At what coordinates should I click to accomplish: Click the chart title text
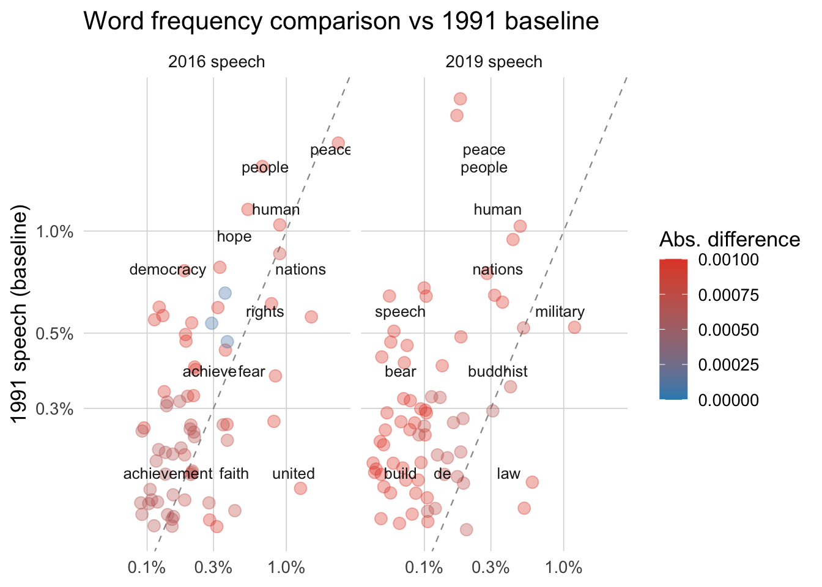[341, 21]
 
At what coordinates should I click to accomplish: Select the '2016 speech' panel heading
[217, 62]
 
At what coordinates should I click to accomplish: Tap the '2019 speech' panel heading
[494, 62]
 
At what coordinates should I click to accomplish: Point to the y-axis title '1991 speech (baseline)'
[21, 316]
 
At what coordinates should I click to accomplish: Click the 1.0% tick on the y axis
[55, 232]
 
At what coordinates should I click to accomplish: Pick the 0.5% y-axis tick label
[55, 333]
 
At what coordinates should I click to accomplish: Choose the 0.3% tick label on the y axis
[55, 408]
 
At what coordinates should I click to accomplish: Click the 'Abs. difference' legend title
[729, 240]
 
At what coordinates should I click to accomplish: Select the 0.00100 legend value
[728, 260]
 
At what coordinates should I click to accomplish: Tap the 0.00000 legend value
[728, 400]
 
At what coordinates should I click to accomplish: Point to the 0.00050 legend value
[728, 330]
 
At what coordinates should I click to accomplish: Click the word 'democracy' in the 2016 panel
[168, 270]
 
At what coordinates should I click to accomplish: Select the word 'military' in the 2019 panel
[560, 312]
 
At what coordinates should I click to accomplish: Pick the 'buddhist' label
[497, 372]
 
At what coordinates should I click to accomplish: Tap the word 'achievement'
[168, 474]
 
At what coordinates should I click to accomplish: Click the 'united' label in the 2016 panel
[294, 474]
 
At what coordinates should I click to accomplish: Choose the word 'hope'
[234, 237]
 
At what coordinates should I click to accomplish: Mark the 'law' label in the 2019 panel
[508, 474]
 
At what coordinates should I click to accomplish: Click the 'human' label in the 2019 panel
[497, 210]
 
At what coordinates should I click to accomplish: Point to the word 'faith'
[234, 474]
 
